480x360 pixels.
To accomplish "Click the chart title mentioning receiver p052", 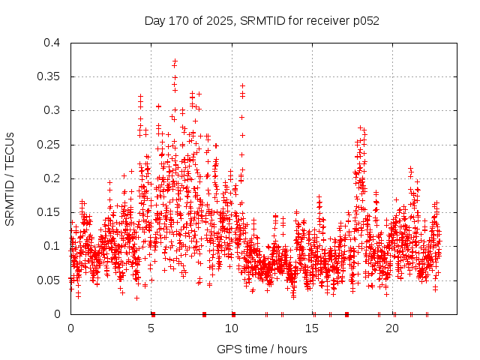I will click(x=262, y=20).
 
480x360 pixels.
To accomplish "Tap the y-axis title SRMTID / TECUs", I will click(x=10, y=178).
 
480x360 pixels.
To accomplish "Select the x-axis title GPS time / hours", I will click(x=262, y=349).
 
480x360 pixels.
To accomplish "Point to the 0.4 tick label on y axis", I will click(x=52, y=43).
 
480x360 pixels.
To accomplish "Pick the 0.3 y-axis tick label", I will click(x=52, y=110).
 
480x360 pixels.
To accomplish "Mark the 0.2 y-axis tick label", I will click(x=52, y=178).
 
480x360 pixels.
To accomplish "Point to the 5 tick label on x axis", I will click(x=151, y=328).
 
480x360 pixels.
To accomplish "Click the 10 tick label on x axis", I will click(x=232, y=328).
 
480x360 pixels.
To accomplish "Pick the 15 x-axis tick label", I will click(x=313, y=328).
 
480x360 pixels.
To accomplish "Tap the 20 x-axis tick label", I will click(x=393, y=328).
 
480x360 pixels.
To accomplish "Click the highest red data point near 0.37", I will click(x=175, y=61).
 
